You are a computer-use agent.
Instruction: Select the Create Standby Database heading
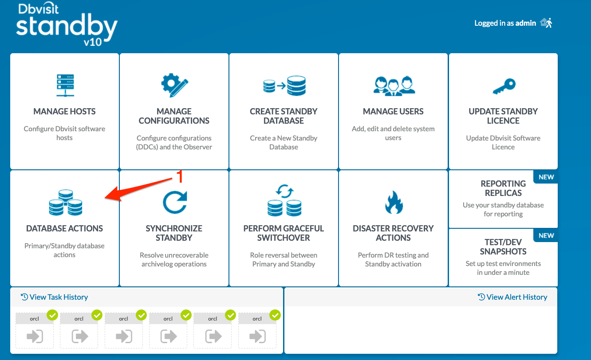tap(284, 116)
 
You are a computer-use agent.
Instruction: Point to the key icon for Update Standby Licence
tap(504, 86)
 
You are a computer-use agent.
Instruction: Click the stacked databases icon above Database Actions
tap(65, 203)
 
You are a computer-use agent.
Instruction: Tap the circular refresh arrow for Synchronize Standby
tap(175, 202)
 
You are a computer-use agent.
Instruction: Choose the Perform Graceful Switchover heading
tap(284, 233)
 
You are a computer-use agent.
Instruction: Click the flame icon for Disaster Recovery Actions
tap(394, 202)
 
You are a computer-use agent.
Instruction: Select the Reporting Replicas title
tap(503, 188)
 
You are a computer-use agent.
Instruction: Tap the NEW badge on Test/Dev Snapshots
tap(546, 235)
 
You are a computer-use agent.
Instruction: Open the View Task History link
tap(54, 297)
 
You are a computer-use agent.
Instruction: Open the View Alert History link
tap(512, 297)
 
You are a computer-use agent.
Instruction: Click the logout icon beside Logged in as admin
tap(546, 23)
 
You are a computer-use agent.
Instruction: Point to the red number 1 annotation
tap(180, 176)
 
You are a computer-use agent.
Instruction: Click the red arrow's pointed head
tap(105, 198)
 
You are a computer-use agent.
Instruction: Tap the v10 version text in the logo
tap(92, 42)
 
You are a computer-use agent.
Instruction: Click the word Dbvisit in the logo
tap(38, 8)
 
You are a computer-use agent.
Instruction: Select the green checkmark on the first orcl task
tap(52, 315)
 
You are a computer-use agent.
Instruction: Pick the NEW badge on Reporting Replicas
tap(546, 177)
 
